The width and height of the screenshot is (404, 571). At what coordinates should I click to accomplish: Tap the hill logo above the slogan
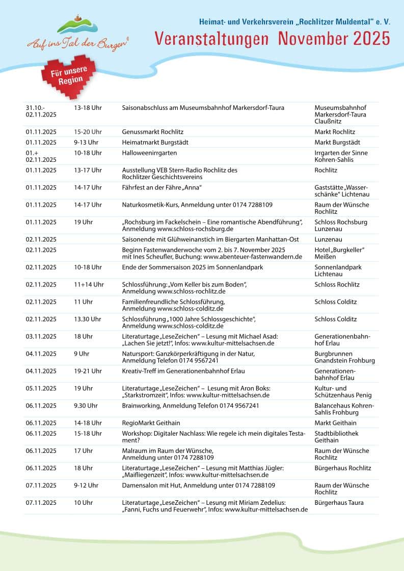click(77, 25)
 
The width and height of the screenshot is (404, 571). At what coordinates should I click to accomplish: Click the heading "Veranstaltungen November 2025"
click(272, 38)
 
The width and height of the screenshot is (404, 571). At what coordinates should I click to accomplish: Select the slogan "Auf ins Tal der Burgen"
click(77, 43)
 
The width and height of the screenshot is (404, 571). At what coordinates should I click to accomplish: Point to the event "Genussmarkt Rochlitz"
click(153, 132)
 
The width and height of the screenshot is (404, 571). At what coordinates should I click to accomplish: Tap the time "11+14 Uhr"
click(89, 284)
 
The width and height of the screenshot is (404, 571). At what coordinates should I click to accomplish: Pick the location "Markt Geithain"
click(335, 423)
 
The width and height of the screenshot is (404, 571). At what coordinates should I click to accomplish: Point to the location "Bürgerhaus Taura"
click(339, 503)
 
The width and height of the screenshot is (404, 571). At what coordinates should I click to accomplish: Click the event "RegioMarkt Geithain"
click(151, 423)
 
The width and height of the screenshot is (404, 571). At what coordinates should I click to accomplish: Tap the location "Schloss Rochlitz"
click(337, 284)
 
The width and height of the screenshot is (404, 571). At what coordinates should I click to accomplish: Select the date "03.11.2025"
click(41, 336)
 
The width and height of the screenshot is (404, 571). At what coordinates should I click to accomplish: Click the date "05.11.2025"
click(41, 388)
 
